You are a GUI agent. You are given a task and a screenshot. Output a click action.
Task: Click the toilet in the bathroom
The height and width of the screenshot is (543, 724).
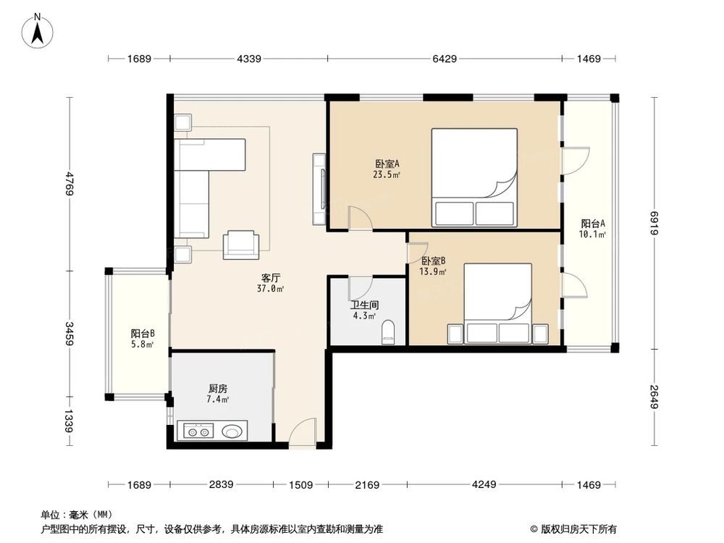point(388,332)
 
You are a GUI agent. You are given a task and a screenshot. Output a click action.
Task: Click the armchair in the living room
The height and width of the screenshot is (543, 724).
point(241,244)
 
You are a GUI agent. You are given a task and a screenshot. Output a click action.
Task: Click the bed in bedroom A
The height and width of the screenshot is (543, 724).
point(474,177)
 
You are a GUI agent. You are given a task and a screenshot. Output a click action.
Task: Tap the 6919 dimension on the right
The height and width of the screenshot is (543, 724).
point(654,223)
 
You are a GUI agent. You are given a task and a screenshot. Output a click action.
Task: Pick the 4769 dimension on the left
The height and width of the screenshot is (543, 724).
point(70,184)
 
